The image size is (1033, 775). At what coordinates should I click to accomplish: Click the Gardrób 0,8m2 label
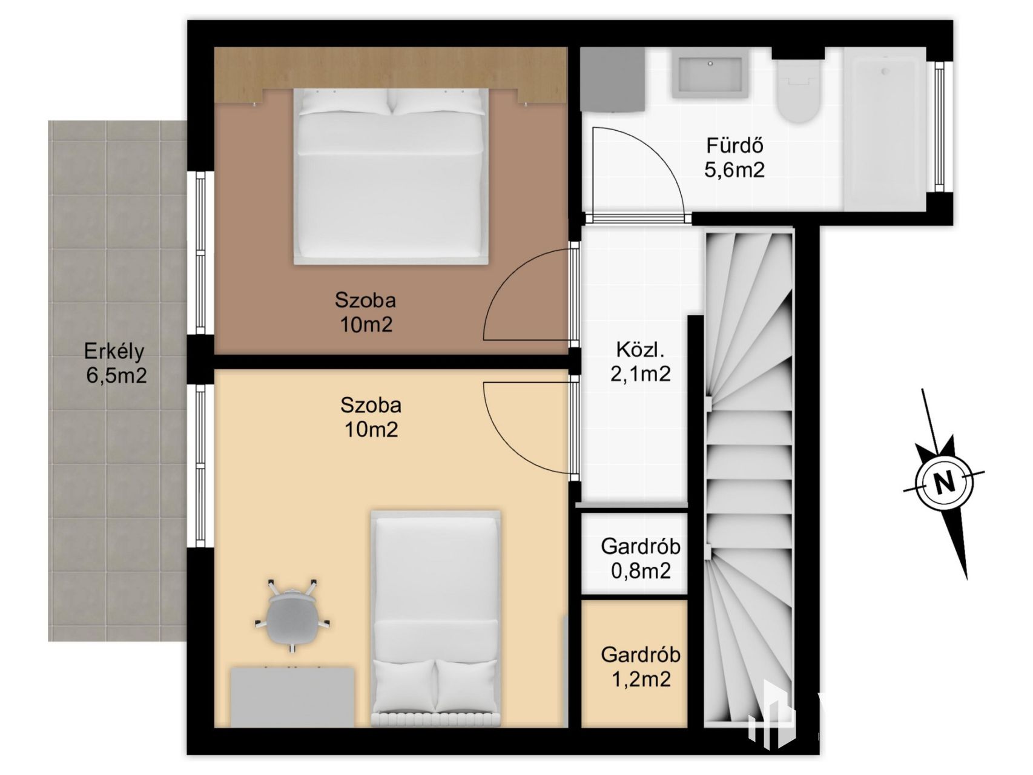click(x=641, y=558)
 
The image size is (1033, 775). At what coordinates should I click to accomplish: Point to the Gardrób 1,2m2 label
click(x=641, y=667)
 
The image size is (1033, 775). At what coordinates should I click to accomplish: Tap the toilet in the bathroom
click(x=799, y=91)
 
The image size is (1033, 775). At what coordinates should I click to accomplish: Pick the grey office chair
click(x=292, y=615)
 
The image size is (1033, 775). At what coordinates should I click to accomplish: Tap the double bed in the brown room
click(x=391, y=176)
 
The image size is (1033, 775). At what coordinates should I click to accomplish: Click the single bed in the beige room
click(x=436, y=618)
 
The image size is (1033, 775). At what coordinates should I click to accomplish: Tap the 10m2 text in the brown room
click(x=366, y=325)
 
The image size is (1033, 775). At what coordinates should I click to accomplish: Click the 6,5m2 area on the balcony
click(x=116, y=376)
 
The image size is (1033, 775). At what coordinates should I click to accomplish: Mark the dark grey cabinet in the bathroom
click(x=612, y=80)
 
